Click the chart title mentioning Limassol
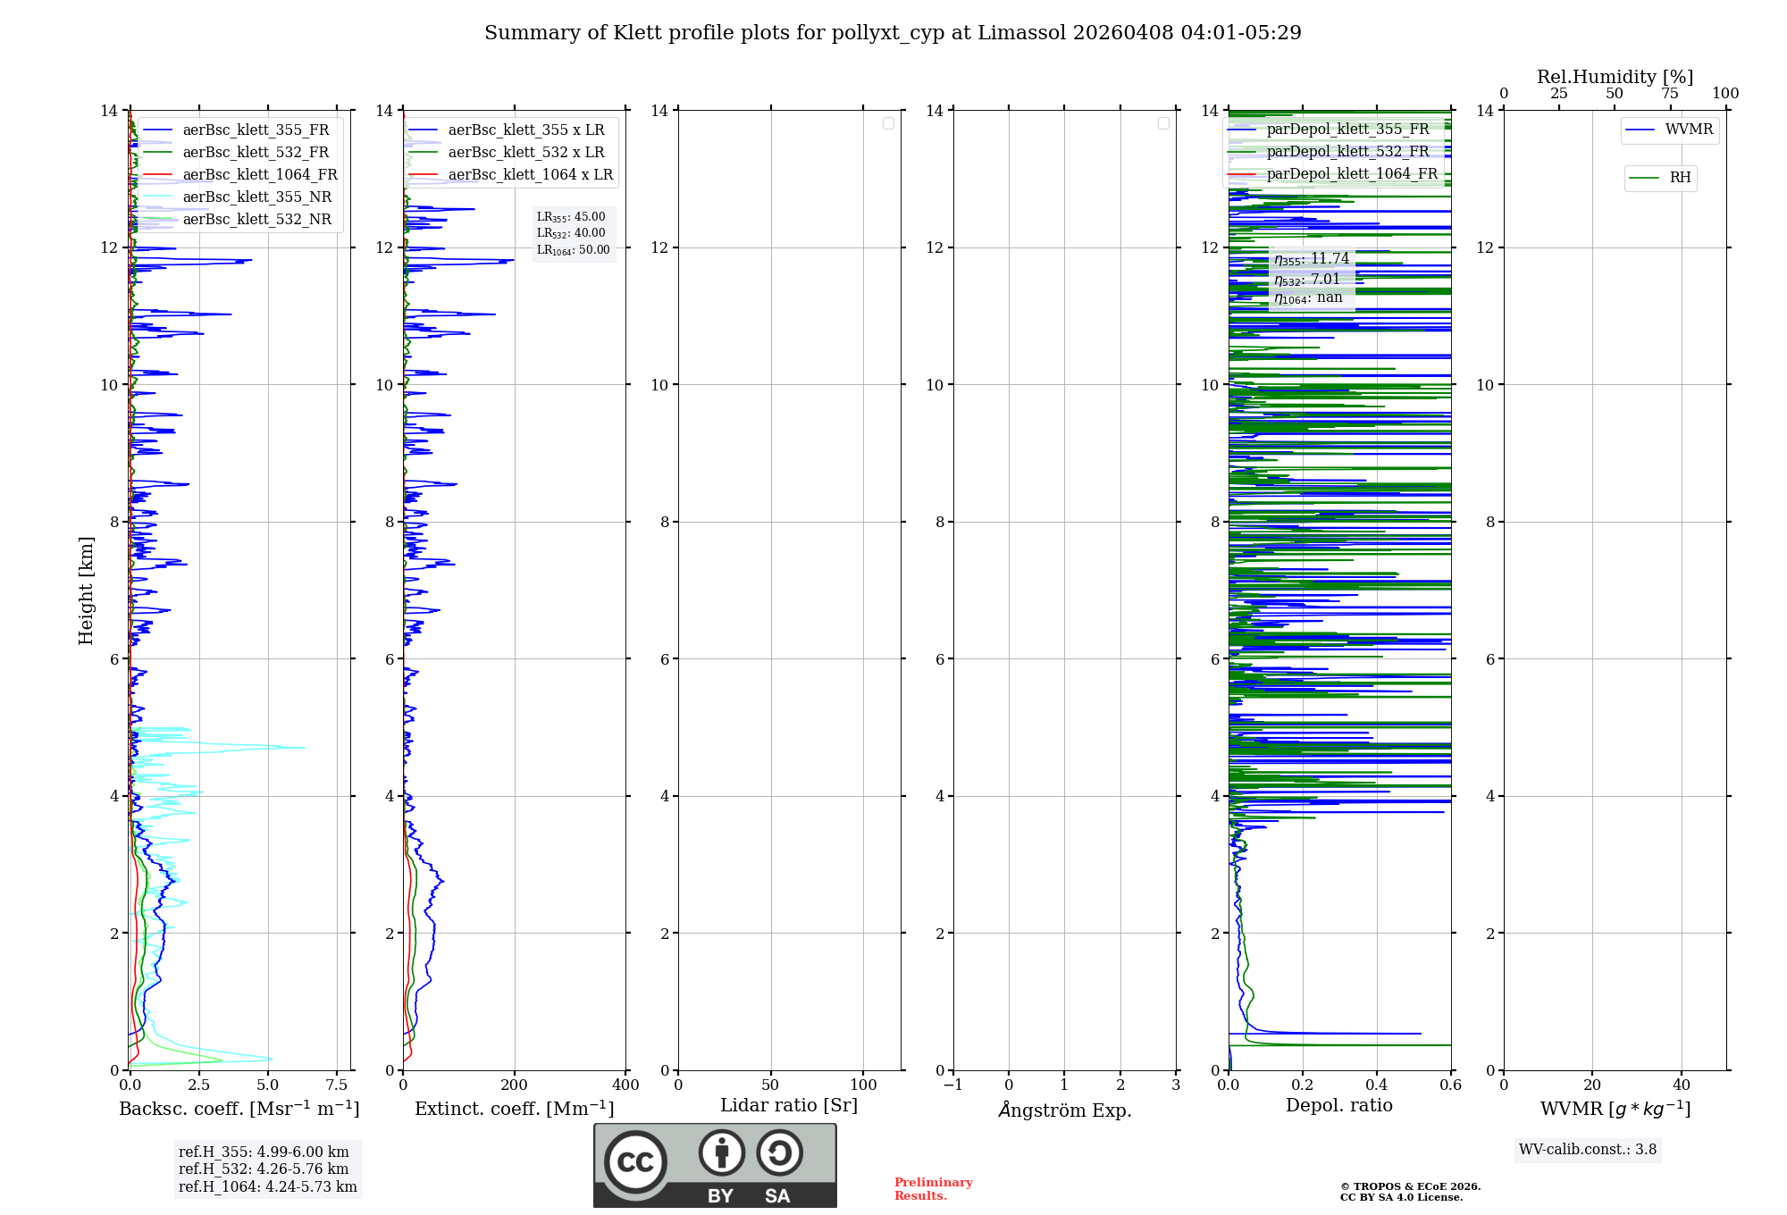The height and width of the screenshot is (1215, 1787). click(x=893, y=33)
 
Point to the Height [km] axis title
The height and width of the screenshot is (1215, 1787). click(x=86, y=591)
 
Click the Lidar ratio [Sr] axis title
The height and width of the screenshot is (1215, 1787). click(x=789, y=1106)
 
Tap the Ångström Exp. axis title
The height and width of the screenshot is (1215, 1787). click(x=1064, y=1110)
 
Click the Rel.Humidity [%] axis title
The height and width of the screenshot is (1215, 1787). click(x=1615, y=77)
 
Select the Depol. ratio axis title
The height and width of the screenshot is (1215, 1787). click(x=1338, y=1106)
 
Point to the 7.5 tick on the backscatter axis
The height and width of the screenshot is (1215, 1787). click(x=337, y=1085)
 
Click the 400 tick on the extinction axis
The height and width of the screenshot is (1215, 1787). click(x=625, y=1085)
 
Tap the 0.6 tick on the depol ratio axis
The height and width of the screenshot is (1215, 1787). click(x=1450, y=1085)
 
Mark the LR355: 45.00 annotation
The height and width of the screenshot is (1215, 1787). click(x=571, y=217)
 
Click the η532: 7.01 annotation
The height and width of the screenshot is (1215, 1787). click(x=1308, y=280)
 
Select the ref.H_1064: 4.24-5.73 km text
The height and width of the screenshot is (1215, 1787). click(x=267, y=1187)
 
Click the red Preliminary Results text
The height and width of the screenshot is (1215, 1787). click(x=933, y=1189)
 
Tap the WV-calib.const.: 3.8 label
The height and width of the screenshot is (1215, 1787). click(x=1587, y=1150)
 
